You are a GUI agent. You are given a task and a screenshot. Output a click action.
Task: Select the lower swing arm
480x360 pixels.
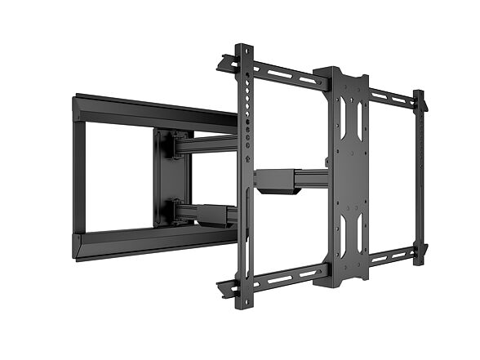tap(214, 215)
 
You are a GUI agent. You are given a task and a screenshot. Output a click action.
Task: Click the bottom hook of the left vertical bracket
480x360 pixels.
tap(226, 287)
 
